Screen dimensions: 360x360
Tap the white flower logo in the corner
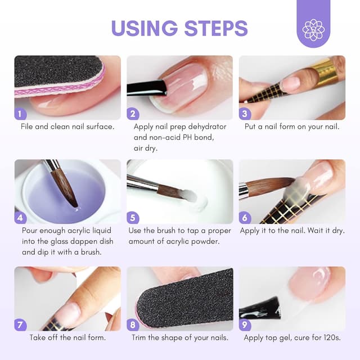(x=313, y=29)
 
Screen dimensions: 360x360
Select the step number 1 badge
(x=21, y=114)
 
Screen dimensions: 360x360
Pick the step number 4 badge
(x=21, y=217)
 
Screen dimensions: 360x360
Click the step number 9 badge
(x=245, y=324)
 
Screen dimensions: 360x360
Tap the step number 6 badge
(x=245, y=217)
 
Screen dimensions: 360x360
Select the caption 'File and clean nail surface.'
(x=67, y=127)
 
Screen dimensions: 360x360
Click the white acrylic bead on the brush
(x=189, y=196)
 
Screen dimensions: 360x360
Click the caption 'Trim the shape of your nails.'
(x=180, y=338)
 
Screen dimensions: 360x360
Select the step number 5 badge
(x=133, y=217)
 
